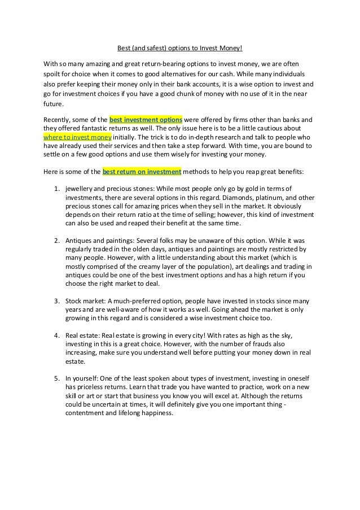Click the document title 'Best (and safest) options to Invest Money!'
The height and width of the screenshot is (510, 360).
[x=179, y=48]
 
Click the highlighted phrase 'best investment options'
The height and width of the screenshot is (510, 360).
[x=145, y=120]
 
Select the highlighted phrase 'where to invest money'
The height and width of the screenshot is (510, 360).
[x=78, y=137]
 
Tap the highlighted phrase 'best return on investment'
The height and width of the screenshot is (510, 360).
[x=141, y=171]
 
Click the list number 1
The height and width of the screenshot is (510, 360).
[x=56, y=188]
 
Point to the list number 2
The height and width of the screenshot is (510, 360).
[x=56, y=240]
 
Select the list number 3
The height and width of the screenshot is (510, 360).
[x=56, y=301]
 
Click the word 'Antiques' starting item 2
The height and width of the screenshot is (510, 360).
[x=79, y=240]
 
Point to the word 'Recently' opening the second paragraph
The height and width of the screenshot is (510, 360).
[x=58, y=120]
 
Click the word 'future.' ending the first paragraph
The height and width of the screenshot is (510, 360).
[x=54, y=104]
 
